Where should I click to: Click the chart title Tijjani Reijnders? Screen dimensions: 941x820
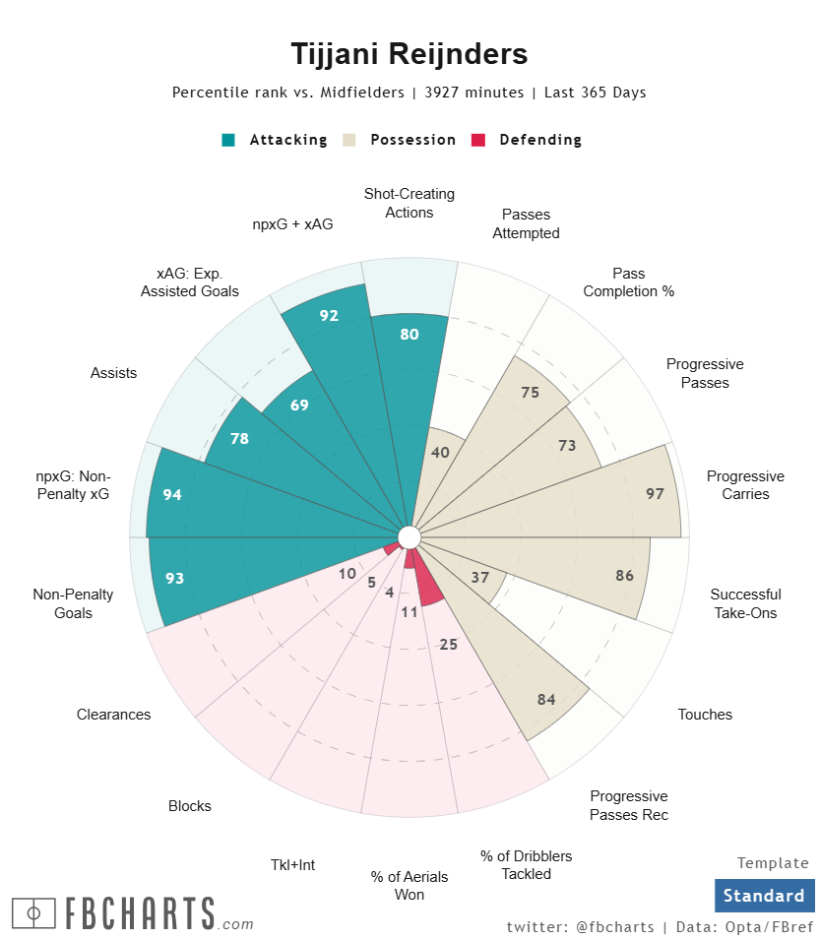click(410, 53)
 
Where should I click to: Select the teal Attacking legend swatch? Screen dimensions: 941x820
click(228, 140)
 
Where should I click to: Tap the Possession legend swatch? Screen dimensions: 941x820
click(348, 140)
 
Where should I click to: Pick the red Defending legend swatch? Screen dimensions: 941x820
click(479, 140)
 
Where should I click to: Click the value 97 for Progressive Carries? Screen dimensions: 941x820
click(655, 494)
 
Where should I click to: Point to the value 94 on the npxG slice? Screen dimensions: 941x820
click(172, 494)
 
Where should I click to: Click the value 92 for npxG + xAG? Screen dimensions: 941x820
click(329, 316)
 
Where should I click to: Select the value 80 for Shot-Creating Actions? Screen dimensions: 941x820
click(410, 334)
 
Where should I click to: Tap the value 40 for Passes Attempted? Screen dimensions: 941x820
click(441, 452)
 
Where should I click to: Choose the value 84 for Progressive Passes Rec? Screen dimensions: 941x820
click(547, 699)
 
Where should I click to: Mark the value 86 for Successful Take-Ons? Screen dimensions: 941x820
click(624, 576)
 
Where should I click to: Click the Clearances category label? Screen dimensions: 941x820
click(114, 715)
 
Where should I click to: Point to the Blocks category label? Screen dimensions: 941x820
click(190, 806)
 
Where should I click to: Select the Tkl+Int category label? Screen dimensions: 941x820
click(292, 865)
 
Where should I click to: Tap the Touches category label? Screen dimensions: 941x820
click(705, 715)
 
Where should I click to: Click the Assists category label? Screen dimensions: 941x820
click(113, 373)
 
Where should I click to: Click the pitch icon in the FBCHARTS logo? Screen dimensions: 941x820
click(33, 912)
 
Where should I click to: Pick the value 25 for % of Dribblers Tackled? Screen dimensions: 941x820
click(449, 645)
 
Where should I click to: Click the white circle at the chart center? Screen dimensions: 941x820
click(410, 536)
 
